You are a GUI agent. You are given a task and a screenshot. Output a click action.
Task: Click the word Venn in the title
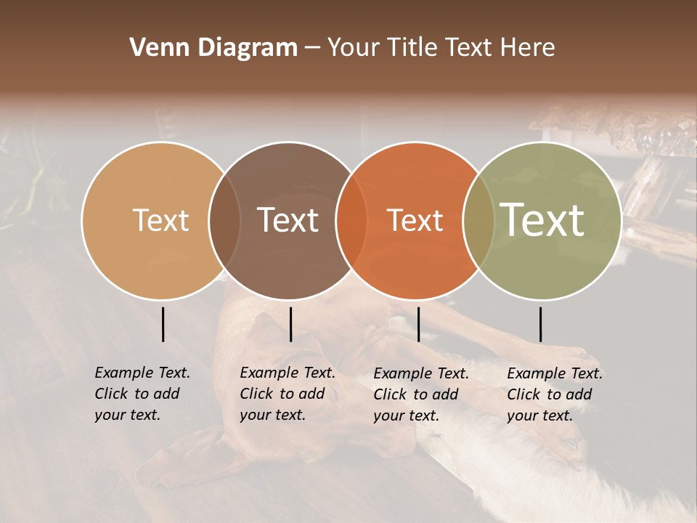(156, 48)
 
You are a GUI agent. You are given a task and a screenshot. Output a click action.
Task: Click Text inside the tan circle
(160, 220)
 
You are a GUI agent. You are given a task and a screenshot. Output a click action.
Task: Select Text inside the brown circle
(288, 220)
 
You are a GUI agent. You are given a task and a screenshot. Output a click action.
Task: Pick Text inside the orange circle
(415, 220)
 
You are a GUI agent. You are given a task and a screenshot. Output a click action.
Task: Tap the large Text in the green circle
(542, 220)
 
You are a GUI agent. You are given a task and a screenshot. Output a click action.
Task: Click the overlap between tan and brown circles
(224, 220)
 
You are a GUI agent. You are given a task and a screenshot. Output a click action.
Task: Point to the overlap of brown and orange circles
(351, 220)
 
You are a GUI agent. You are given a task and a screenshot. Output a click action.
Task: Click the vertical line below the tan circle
(163, 324)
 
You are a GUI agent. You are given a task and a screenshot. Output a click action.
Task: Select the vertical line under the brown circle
(290, 324)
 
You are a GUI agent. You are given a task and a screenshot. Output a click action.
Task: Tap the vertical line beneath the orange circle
(418, 324)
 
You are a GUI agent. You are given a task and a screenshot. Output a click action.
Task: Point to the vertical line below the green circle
(540, 324)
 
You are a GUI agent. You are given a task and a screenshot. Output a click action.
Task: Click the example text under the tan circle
(142, 394)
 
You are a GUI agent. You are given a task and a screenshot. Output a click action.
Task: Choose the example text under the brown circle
(287, 394)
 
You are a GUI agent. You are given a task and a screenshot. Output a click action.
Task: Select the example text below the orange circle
(420, 394)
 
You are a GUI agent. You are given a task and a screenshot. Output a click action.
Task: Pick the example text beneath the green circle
(554, 394)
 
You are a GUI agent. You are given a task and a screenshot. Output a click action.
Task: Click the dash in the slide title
(312, 48)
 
